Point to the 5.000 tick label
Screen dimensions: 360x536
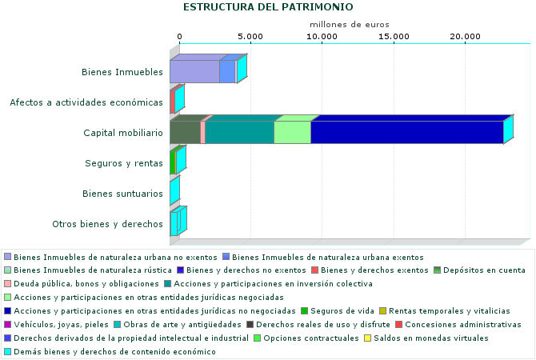[250, 37]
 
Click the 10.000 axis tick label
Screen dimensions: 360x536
[322, 37]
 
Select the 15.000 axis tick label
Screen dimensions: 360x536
[394, 37]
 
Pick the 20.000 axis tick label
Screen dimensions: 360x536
[465, 37]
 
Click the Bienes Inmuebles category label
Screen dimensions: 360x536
[122, 72]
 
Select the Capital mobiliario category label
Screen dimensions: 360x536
[123, 133]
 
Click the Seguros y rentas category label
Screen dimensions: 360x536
[124, 163]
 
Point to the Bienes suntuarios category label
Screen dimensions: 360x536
[122, 194]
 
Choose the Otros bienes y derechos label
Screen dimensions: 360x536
[107, 224]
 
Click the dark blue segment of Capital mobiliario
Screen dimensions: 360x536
[406, 132]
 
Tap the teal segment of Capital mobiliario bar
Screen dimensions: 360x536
[239, 132]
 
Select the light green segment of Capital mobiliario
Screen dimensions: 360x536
[292, 132]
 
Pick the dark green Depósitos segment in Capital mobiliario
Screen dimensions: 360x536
[185, 132]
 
